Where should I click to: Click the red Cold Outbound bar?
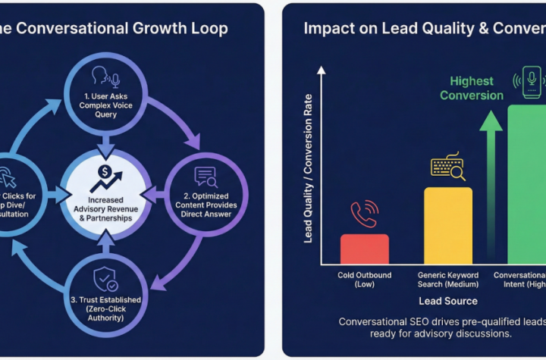(364, 249)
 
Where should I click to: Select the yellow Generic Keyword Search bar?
(447, 225)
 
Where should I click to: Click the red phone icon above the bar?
(365, 214)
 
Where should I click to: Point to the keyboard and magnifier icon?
(447, 168)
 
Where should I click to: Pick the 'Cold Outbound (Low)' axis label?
(364, 279)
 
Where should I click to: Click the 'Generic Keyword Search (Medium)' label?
(447, 279)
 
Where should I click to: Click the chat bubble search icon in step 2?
(206, 177)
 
